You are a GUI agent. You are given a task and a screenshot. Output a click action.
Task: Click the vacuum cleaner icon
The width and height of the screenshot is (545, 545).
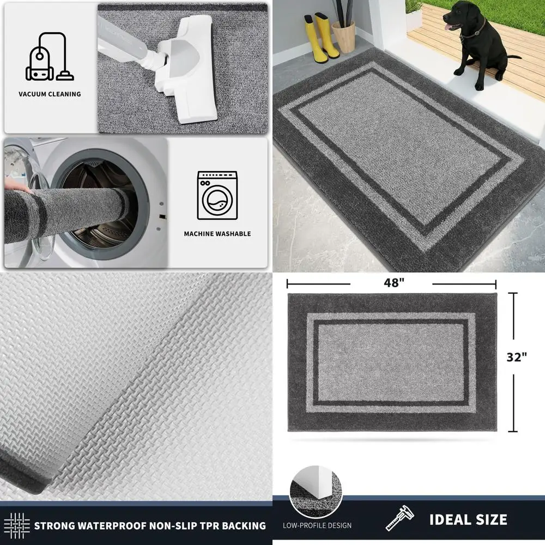(50, 57)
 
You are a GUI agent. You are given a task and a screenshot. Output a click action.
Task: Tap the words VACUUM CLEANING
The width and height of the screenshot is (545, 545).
(50, 94)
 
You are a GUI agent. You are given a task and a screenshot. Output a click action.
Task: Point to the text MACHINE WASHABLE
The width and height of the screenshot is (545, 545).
(217, 234)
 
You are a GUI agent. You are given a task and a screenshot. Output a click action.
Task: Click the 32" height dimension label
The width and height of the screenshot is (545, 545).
(517, 357)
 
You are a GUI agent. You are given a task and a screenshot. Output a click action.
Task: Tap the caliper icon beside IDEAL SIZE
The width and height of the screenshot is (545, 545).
(399, 519)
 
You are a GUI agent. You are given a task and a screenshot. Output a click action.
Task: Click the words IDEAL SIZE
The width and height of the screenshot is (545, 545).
(468, 519)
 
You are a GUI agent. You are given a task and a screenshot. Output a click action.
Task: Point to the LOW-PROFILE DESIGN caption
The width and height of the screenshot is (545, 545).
(317, 526)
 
